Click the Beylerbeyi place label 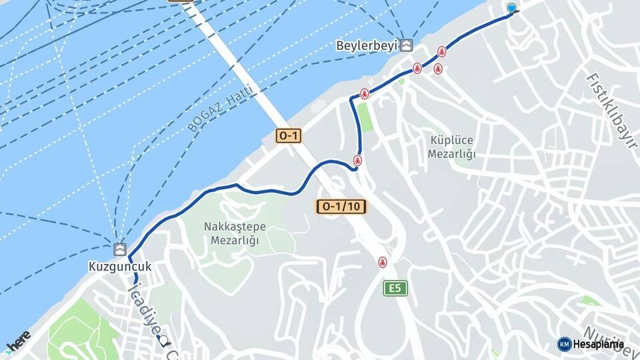367,45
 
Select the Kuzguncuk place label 120,267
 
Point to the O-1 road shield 289,136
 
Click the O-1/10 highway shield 341,207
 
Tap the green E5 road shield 395,289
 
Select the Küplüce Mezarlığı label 451,147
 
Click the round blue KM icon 564,344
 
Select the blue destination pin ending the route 511,9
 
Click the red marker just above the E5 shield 382,262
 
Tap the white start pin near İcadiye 163,341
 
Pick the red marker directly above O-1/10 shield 357,160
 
